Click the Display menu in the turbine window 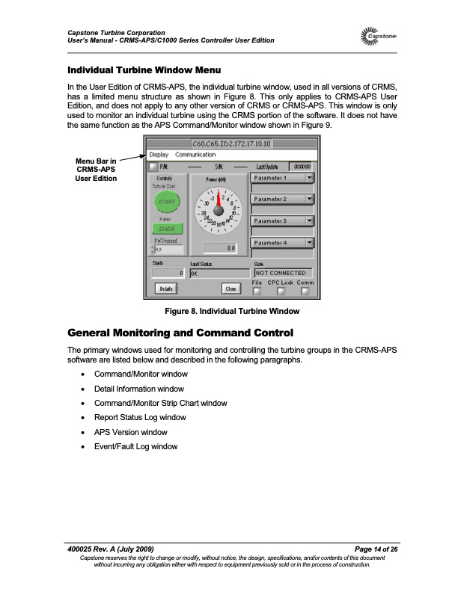[159, 155]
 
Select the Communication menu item [195, 155]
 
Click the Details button [165, 288]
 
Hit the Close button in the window [231, 288]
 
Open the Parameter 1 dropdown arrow [310, 178]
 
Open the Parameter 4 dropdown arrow [310, 243]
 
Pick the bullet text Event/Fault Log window [136, 446]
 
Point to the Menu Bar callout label [95, 170]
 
